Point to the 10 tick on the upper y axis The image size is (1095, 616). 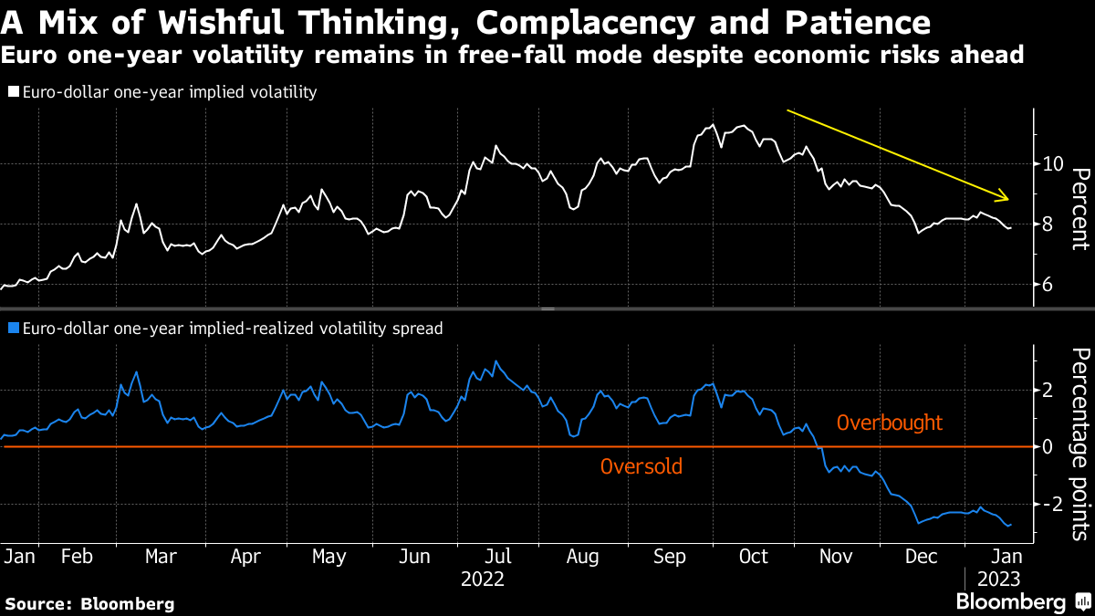coord(1052,164)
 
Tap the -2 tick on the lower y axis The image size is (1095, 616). coord(1049,505)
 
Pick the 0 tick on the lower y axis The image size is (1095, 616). coord(1047,447)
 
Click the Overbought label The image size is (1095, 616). coord(890,423)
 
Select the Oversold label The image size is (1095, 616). coord(641,467)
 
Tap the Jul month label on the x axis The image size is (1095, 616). coord(496,556)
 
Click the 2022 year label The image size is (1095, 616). coord(483,579)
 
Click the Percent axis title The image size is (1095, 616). coord(1080,208)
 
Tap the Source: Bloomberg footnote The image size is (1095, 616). coord(89,603)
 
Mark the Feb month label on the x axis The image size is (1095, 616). coord(77,556)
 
